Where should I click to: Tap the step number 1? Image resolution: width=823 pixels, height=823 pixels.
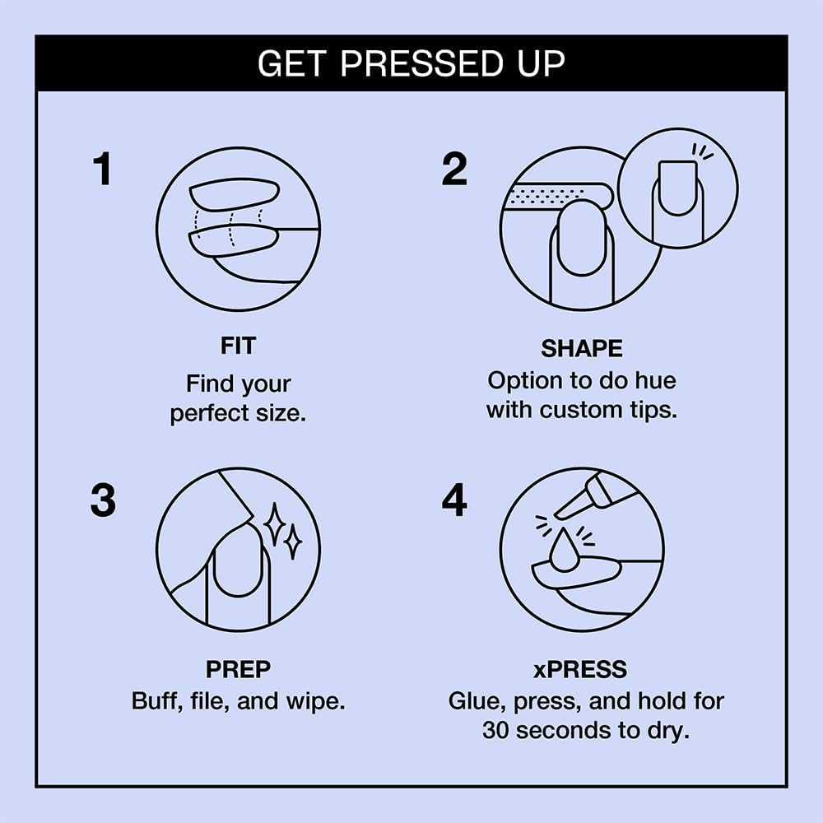pyautogui.click(x=101, y=170)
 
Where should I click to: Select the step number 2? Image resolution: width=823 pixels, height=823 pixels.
pyautogui.click(x=454, y=170)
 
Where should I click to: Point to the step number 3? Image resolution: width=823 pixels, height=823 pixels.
pyautogui.click(x=103, y=501)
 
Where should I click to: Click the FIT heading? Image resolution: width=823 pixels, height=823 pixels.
pyautogui.click(x=238, y=346)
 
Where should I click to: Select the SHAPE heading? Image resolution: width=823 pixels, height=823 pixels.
pyautogui.click(x=581, y=349)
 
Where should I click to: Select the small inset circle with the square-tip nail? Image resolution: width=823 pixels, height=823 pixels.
pyautogui.click(x=677, y=188)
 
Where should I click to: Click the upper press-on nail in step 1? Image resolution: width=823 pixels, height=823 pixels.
pyautogui.click(x=234, y=195)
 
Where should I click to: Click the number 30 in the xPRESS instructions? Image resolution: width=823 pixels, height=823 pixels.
pyautogui.click(x=496, y=730)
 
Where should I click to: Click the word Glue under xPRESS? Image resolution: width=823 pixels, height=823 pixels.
pyautogui.click(x=477, y=702)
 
